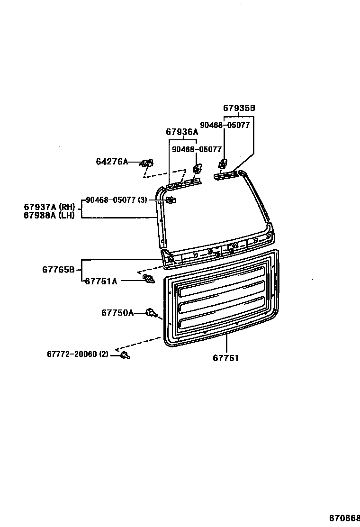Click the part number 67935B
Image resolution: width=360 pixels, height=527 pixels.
tap(239, 108)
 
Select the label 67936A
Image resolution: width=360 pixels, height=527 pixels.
tap(182, 132)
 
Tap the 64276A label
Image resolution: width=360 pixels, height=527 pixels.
tap(112, 162)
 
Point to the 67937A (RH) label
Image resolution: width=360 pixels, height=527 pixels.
tap(49, 207)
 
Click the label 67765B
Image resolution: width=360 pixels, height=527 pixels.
tap(58, 270)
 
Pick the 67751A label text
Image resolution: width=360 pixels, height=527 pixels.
tap(101, 281)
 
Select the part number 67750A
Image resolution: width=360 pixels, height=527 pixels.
tap(117, 313)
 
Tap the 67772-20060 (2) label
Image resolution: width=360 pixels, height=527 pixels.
tap(78, 354)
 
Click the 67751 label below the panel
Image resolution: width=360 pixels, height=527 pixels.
tap(225, 358)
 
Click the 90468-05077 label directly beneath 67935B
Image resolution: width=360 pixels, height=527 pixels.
tap(225, 125)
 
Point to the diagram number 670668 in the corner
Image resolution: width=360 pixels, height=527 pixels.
tap(344, 518)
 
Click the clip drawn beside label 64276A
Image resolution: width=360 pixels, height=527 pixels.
tap(147, 163)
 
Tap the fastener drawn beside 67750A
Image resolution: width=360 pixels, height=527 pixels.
tap(152, 312)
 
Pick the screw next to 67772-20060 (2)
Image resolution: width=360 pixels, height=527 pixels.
tap(125, 355)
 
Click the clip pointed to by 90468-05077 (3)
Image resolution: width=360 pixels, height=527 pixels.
tap(171, 200)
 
